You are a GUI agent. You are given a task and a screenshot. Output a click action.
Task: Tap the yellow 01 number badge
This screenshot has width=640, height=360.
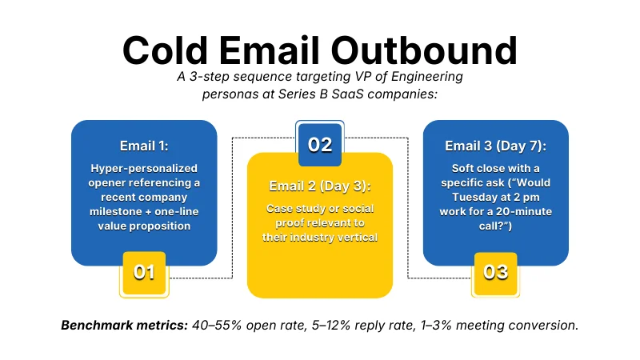coord(144,272)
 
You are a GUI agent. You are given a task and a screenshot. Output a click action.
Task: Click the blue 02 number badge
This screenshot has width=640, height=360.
coord(320,145)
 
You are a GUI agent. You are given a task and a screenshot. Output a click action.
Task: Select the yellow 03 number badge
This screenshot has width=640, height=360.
coord(496,272)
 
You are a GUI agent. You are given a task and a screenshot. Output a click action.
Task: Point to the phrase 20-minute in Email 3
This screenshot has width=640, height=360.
coord(512,211)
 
